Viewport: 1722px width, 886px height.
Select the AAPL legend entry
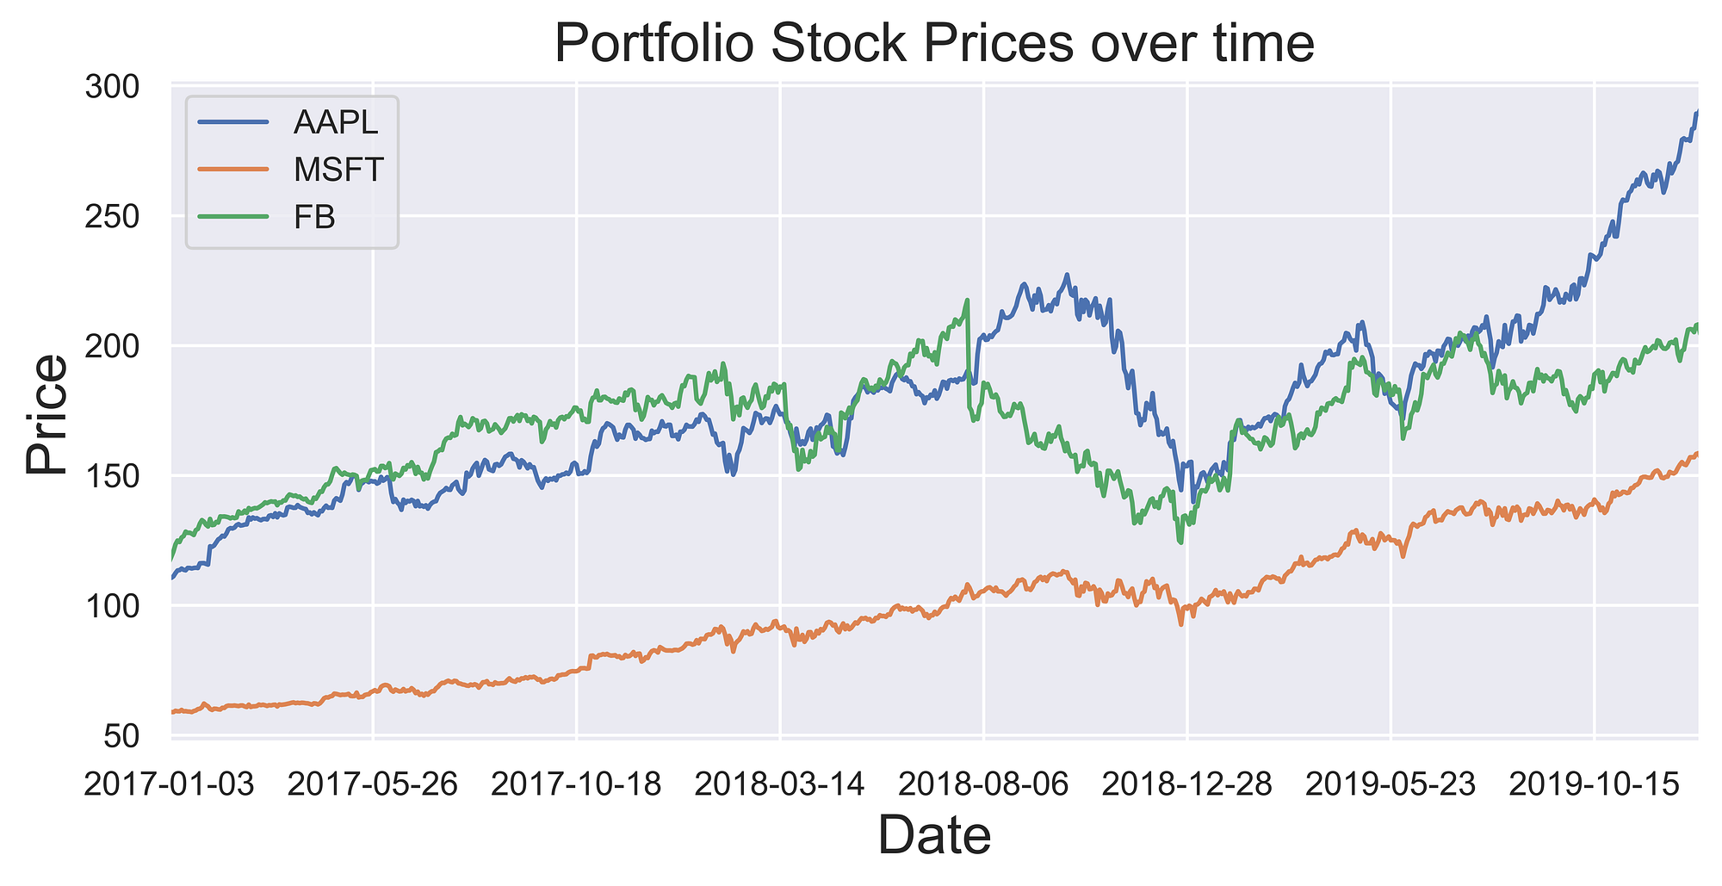coord(335,122)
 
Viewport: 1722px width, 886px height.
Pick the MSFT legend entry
coord(338,170)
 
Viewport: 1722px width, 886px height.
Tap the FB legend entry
coord(314,218)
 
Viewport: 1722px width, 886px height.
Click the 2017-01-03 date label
coord(170,784)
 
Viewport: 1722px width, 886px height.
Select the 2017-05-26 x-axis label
coord(373,784)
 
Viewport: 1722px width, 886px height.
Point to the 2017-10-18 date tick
coord(577,784)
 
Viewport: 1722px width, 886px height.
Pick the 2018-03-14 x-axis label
coord(780,784)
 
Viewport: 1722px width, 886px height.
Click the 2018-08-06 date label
coord(983,784)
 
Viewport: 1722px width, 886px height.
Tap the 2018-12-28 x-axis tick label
coord(1186,784)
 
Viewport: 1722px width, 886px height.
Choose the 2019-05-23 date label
coord(1391,784)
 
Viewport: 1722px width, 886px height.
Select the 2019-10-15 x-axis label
coord(1594,784)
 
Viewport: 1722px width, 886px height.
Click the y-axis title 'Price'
coord(46,413)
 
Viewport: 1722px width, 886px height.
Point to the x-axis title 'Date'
coord(934,836)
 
